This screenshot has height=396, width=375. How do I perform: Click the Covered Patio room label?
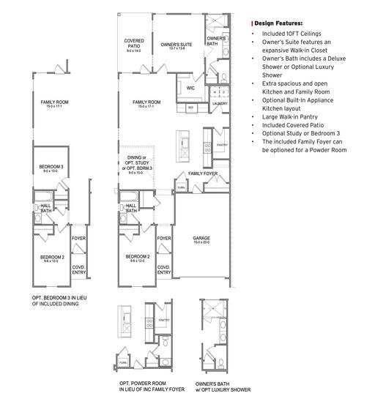click(133, 42)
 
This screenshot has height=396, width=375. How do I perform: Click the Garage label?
click(201, 239)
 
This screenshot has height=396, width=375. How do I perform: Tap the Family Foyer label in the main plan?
click(201, 173)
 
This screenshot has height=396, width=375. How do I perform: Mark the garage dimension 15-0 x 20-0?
click(201, 244)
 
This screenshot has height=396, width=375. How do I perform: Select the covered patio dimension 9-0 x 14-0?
click(133, 51)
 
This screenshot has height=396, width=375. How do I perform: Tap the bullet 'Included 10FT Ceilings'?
click(289, 34)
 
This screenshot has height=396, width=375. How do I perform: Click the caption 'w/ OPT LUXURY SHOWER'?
click(223, 389)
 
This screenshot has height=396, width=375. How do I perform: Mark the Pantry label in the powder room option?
click(164, 320)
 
